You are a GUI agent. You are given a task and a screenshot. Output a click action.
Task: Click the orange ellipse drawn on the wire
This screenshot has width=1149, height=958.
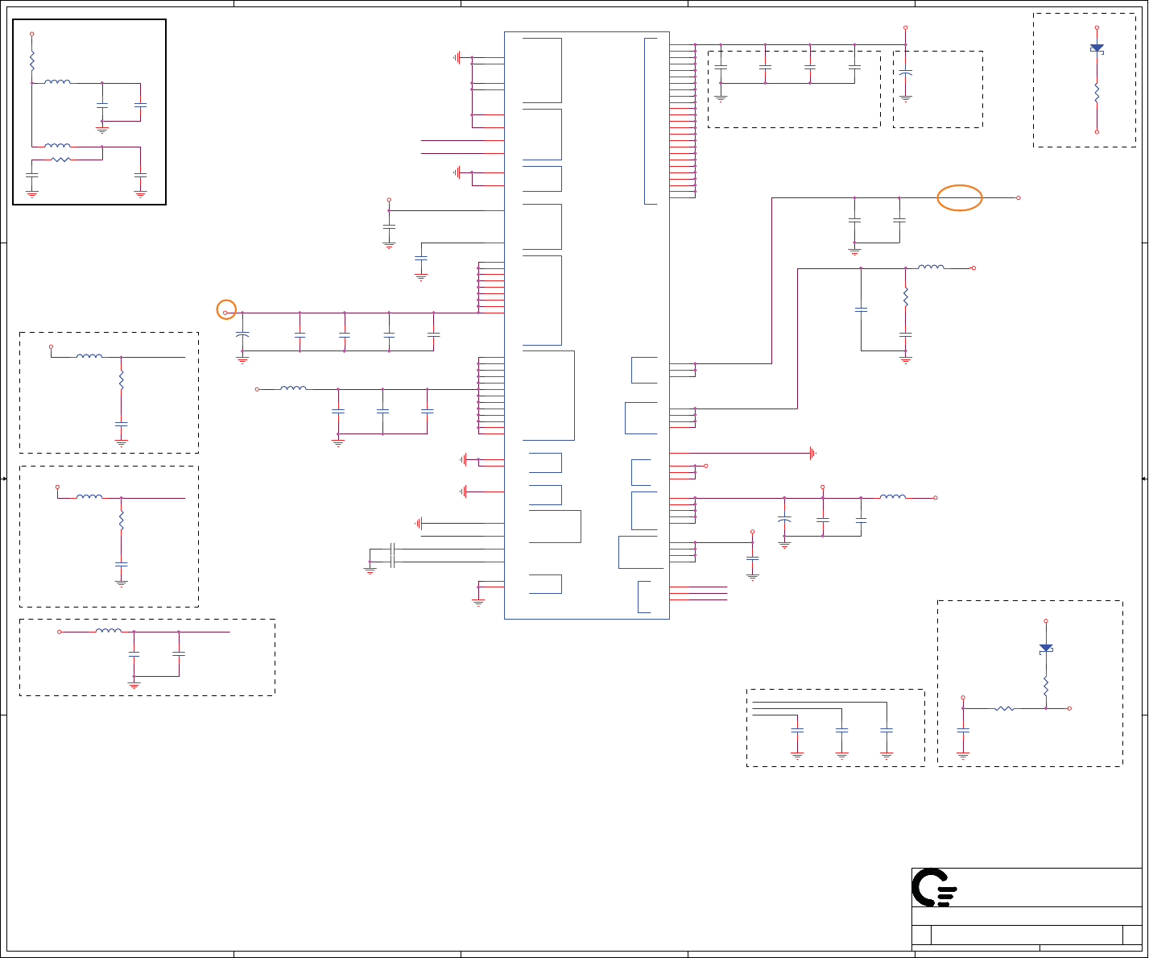[x=960, y=197]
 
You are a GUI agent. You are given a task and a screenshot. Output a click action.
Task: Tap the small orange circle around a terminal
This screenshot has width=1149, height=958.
[x=226, y=310]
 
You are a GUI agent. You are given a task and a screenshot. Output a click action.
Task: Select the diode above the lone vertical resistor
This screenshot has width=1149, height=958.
[x=1097, y=48]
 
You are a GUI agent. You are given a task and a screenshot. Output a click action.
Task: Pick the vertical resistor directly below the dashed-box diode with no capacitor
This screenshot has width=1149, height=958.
[x=1097, y=93]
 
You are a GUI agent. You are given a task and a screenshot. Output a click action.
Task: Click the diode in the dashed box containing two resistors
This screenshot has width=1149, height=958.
[x=1046, y=648]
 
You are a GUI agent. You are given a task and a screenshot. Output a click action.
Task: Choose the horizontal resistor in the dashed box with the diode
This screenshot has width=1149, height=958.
[x=1004, y=708]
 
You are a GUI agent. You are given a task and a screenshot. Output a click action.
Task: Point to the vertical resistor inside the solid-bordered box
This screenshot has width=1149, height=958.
[x=32, y=60]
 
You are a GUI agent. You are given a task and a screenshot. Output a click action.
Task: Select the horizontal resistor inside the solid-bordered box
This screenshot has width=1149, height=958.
[x=60, y=160]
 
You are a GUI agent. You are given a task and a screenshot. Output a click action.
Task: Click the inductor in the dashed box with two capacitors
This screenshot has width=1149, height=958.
[x=109, y=631]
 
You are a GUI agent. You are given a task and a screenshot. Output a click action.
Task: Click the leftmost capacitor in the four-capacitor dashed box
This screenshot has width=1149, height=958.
[x=721, y=67]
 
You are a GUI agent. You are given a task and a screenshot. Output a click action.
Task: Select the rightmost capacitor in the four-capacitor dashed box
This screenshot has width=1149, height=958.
[x=854, y=67]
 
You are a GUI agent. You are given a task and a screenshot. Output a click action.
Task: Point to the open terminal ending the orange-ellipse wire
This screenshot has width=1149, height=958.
[x=1019, y=197]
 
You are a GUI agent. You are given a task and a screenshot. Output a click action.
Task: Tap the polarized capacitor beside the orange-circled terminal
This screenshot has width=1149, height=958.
[x=242, y=334]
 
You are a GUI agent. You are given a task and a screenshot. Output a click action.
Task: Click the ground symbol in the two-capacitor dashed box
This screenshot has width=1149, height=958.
[x=134, y=683]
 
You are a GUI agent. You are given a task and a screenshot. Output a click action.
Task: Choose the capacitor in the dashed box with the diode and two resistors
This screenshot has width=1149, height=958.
[x=963, y=730]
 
